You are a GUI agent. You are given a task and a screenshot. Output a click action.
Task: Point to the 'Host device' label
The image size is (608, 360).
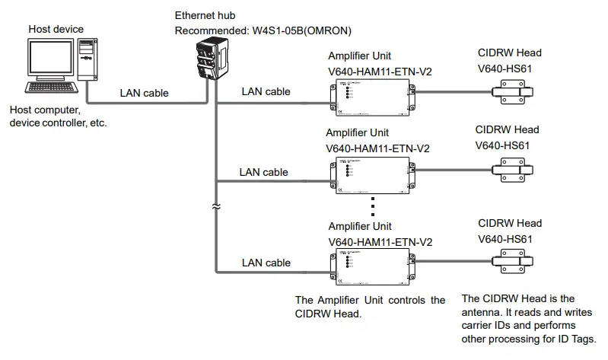56,29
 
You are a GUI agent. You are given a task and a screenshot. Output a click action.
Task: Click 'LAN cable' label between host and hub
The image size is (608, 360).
144,94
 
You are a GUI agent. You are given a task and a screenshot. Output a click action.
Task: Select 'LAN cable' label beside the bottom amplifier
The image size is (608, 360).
266,263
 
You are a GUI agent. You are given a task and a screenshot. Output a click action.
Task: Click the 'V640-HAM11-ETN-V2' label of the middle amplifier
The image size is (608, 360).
377,148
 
